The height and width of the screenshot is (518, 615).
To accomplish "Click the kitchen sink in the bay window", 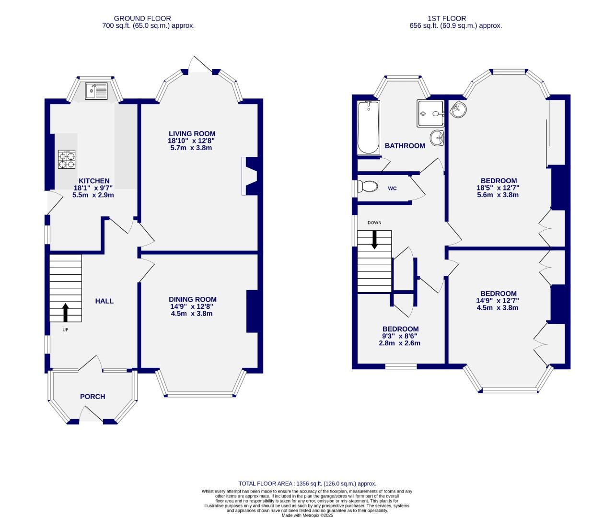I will tap(96, 91).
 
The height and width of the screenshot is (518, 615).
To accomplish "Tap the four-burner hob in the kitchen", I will tap(67, 160).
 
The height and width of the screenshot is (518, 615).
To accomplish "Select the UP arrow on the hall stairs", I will tap(66, 312).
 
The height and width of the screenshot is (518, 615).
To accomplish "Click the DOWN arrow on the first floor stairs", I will tap(374, 239).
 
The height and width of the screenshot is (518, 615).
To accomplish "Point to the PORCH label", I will tap(93, 397).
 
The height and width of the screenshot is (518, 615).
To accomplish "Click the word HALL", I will tap(104, 301).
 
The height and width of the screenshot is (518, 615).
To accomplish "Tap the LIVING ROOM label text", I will tap(192, 134).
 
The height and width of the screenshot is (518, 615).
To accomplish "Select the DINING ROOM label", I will tap(192, 299).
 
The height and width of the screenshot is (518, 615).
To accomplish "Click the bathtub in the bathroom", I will tap(368, 128).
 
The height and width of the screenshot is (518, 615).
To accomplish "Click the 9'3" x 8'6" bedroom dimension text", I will tap(400, 336).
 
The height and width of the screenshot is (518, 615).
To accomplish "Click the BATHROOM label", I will tap(405, 146).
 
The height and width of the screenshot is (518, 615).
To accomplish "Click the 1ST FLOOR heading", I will tap(455, 19).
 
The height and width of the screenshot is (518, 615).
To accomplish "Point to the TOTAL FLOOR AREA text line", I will tap(307, 484).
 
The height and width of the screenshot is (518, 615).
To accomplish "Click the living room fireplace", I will tap(251, 177).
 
